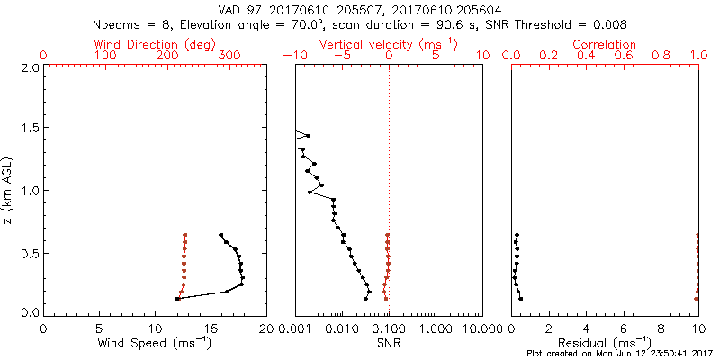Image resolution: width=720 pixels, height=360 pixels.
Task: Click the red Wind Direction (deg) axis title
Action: pos(155,44)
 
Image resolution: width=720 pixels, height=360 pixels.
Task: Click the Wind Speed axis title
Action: pos(155,342)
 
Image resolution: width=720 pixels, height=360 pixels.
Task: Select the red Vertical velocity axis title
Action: pos(388,44)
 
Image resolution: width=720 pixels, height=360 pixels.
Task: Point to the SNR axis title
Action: pos(389,342)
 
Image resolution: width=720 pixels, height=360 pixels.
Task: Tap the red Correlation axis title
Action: pos(605,44)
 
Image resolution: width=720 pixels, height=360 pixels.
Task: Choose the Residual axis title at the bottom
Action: pos(605,342)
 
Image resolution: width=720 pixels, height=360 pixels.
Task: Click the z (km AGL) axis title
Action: pos(11,189)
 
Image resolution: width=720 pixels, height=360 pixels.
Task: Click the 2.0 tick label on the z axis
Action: pos(29,67)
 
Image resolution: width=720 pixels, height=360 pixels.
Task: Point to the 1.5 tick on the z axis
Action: pos(29,129)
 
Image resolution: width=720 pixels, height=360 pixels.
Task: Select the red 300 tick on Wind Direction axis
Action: pos(230,56)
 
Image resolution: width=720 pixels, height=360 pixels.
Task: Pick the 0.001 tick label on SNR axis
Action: pos(295,328)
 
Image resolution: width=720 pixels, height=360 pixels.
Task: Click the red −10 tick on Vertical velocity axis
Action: pos(292,56)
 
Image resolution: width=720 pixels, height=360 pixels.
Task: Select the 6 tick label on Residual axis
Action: pos(624,328)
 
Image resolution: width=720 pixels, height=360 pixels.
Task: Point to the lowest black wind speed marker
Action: pos(177,299)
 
